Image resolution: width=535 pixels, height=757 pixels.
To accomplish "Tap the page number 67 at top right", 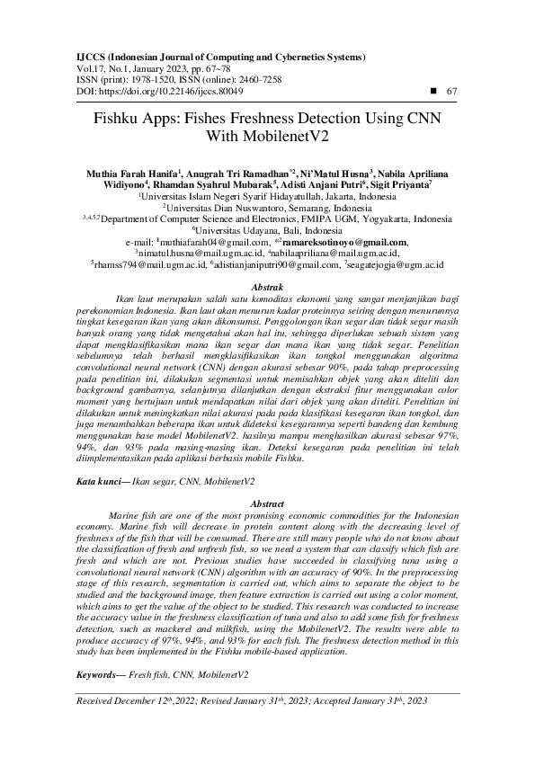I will [451, 92].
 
